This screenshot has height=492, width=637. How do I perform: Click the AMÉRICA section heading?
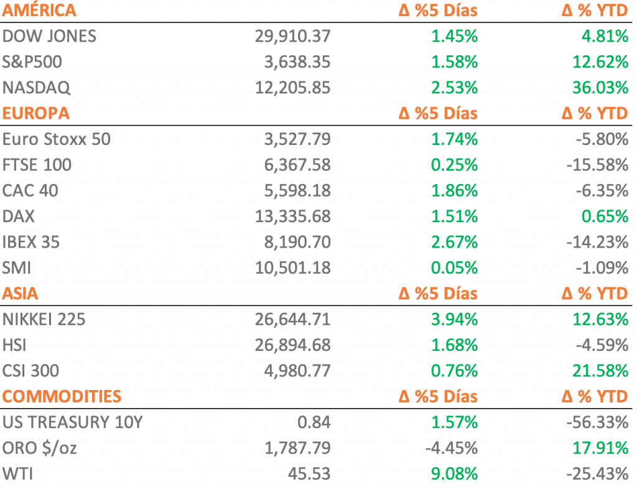(x=40, y=11)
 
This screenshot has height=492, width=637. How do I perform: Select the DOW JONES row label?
(x=50, y=36)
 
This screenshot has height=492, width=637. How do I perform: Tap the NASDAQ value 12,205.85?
(x=292, y=88)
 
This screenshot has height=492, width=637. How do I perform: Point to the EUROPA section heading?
(x=36, y=113)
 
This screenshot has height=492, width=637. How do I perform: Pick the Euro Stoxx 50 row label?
(x=57, y=139)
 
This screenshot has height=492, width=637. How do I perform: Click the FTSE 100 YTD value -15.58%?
(x=597, y=165)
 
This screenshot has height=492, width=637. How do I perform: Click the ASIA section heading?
(x=21, y=293)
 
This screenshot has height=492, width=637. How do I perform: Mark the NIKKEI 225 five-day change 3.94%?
(x=454, y=320)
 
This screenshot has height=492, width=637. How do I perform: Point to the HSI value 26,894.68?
(x=292, y=345)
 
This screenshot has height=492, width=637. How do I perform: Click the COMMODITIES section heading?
(x=62, y=396)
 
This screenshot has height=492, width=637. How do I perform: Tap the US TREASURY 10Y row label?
(x=73, y=422)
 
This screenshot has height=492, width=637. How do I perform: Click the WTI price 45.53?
(x=309, y=474)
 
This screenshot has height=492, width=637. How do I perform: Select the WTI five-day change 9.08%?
(x=454, y=474)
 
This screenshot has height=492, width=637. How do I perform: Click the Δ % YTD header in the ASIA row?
(x=595, y=293)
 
